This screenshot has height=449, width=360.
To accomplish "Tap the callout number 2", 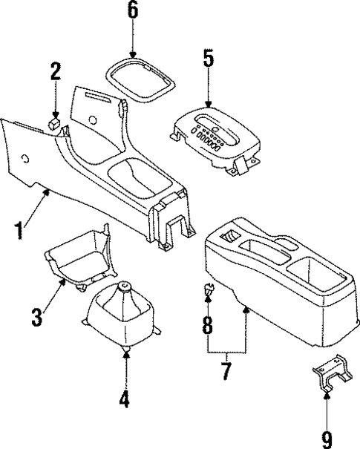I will tap(54, 73).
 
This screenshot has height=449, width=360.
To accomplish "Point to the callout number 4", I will tap(125, 400).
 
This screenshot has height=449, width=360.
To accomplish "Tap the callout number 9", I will tap(327, 439).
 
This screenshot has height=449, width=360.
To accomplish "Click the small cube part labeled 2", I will tap(54, 123).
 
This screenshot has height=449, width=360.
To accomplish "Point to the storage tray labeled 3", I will tap(78, 260).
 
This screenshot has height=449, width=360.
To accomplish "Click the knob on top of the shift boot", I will tap(125, 286).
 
